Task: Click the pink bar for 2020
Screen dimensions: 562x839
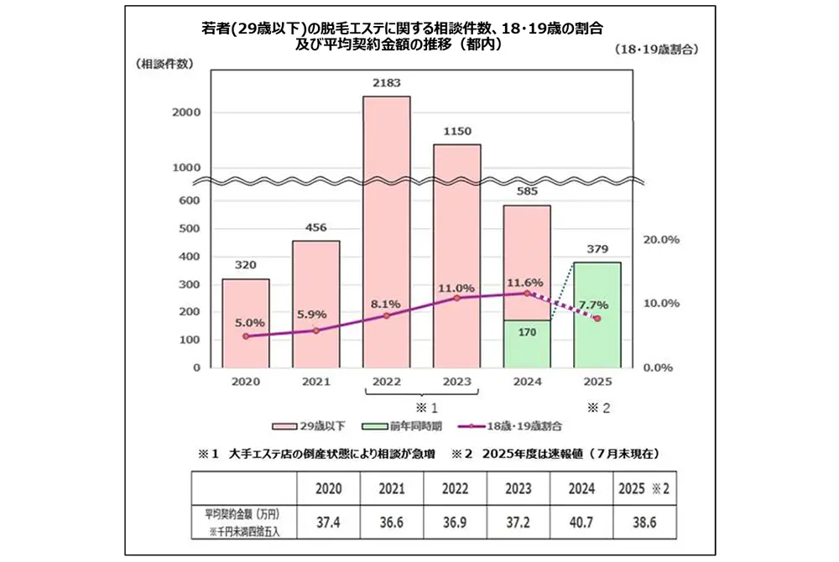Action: tap(245, 323)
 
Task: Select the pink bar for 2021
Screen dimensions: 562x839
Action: tap(315, 304)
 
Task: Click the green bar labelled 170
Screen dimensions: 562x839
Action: tap(527, 344)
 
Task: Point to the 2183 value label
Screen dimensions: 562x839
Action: tap(386, 83)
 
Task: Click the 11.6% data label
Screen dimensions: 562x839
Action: tap(526, 282)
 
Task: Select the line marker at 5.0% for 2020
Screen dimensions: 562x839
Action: tap(246, 336)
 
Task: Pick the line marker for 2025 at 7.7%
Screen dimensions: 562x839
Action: tap(597, 319)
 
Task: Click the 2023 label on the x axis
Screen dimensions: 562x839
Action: tap(456, 382)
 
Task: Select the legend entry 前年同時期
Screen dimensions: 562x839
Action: tap(412, 426)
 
